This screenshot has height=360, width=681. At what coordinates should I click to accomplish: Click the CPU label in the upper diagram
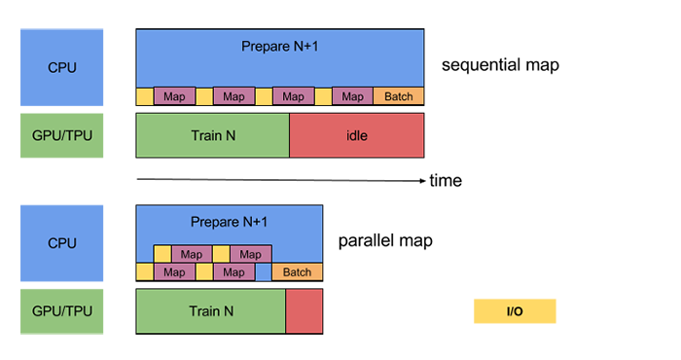pyautogui.click(x=61, y=68)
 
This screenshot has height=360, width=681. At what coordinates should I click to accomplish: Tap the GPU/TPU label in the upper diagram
pyautogui.click(x=61, y=135)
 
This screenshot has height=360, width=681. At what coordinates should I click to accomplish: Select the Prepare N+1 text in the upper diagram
pyautogui.click(x=279, y=46)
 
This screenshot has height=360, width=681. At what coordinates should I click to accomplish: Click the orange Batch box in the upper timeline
pyautogui.click(x=398, y=96)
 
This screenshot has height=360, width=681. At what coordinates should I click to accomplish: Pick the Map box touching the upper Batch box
pyautogui.click(x=352, y=96)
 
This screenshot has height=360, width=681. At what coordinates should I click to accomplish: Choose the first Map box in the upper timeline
pyautogui.click(x=173, y=96)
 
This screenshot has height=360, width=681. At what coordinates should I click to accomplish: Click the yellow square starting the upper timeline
pyautogui.click(x=145, y=96)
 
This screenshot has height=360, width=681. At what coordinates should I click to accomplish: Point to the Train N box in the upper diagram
pyautogui.click(x=212, y=135)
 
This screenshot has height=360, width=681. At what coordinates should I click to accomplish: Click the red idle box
pyautogui.click(x=356, y=135)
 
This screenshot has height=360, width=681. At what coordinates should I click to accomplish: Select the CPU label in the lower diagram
pyautogui.click(x=61, y=243)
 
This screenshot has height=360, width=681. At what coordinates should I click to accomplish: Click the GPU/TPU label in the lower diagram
pyautogui.click(x=61, y=312)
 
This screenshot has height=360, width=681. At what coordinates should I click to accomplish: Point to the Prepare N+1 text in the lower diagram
pyautogui.click(x=229, y=221)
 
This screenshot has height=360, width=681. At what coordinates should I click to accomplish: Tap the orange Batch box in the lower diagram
pyautogui.click(x=297, y=272)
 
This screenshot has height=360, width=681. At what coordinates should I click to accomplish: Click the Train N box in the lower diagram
pyautogui.click(x=210, y=312)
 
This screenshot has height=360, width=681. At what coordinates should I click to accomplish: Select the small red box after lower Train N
pyautogui.click(x=304, y=312)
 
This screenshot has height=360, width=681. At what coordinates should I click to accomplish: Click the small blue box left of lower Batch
pyautogui.click(x=264, y=272)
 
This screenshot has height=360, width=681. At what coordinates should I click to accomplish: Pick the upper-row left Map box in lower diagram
pyautogui.click(x=192, y=254)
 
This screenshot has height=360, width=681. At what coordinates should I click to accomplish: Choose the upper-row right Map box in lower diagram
pyautogui.click(x=250, y=254)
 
